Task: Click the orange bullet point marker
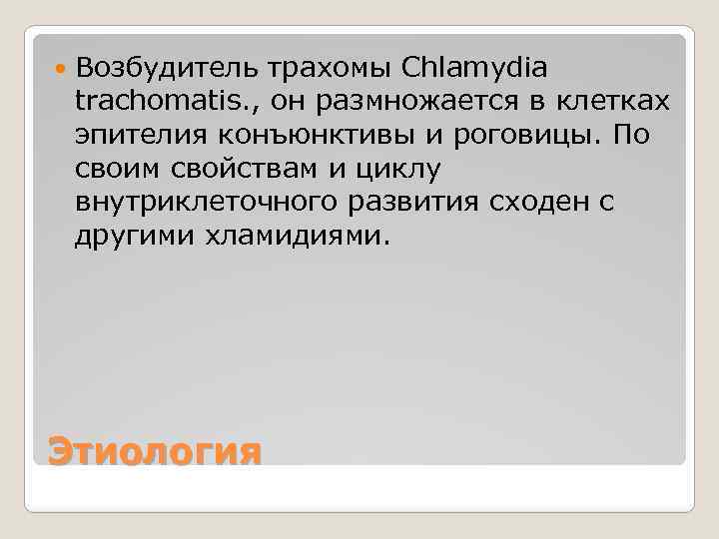(61, 68)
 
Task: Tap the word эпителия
(128, 135)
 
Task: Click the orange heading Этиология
(155, 451)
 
